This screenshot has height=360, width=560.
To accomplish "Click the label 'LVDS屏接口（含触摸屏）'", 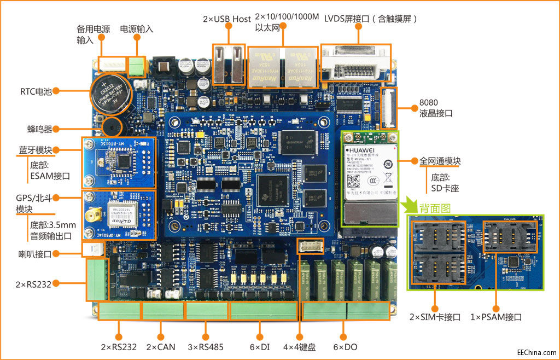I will [371, 19].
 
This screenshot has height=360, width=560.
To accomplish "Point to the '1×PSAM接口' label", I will [496, 317].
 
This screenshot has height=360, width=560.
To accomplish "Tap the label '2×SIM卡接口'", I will [435, 317].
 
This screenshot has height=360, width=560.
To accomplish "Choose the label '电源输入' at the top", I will [137, 28].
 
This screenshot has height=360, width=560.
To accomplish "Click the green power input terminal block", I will [137, 66].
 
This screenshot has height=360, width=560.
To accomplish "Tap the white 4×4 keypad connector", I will [311, 246].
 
